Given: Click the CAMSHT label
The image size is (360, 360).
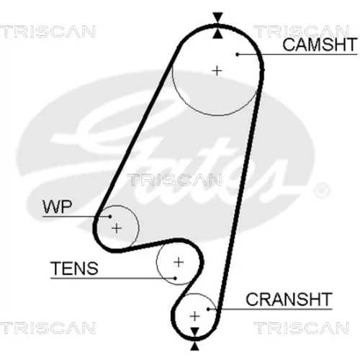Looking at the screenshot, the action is tap(320, 45).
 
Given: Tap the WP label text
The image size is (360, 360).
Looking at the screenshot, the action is tap(57, 207).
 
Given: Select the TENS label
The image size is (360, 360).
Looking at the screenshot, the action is tap(74, 268).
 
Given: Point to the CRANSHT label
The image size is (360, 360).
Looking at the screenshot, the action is tap(289, 299).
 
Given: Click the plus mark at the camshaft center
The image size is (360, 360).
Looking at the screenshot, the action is tap(217, 71).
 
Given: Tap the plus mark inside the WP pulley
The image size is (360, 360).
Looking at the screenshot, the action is tap(117, 228).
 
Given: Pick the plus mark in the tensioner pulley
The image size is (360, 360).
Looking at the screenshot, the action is tap(179, 262).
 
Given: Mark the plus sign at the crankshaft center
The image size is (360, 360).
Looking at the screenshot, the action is tap(194, 316).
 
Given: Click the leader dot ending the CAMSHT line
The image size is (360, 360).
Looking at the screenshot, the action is tap(237, 55).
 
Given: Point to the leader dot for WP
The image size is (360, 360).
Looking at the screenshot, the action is tap(110, 217).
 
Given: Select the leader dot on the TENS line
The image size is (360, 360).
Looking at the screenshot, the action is tap(175, 279).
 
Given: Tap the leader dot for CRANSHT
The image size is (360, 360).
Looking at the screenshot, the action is tap(209, 309).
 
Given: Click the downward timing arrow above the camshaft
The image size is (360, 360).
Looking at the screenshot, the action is tap(218, 17).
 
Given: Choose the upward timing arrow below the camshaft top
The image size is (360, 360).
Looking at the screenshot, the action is tap(218, 34).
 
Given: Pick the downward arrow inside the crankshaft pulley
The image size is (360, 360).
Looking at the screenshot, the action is tap(195, 332).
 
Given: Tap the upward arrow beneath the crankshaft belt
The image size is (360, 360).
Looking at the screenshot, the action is tap(195, 346).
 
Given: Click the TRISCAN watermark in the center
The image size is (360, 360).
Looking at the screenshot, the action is tap(174, 180).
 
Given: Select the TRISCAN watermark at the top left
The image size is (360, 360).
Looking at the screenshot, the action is tap(48, 32).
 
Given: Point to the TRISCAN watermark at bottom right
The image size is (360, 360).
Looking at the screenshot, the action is tap(302, 328).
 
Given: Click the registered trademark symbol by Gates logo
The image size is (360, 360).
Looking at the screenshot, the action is tap(322, 190).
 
